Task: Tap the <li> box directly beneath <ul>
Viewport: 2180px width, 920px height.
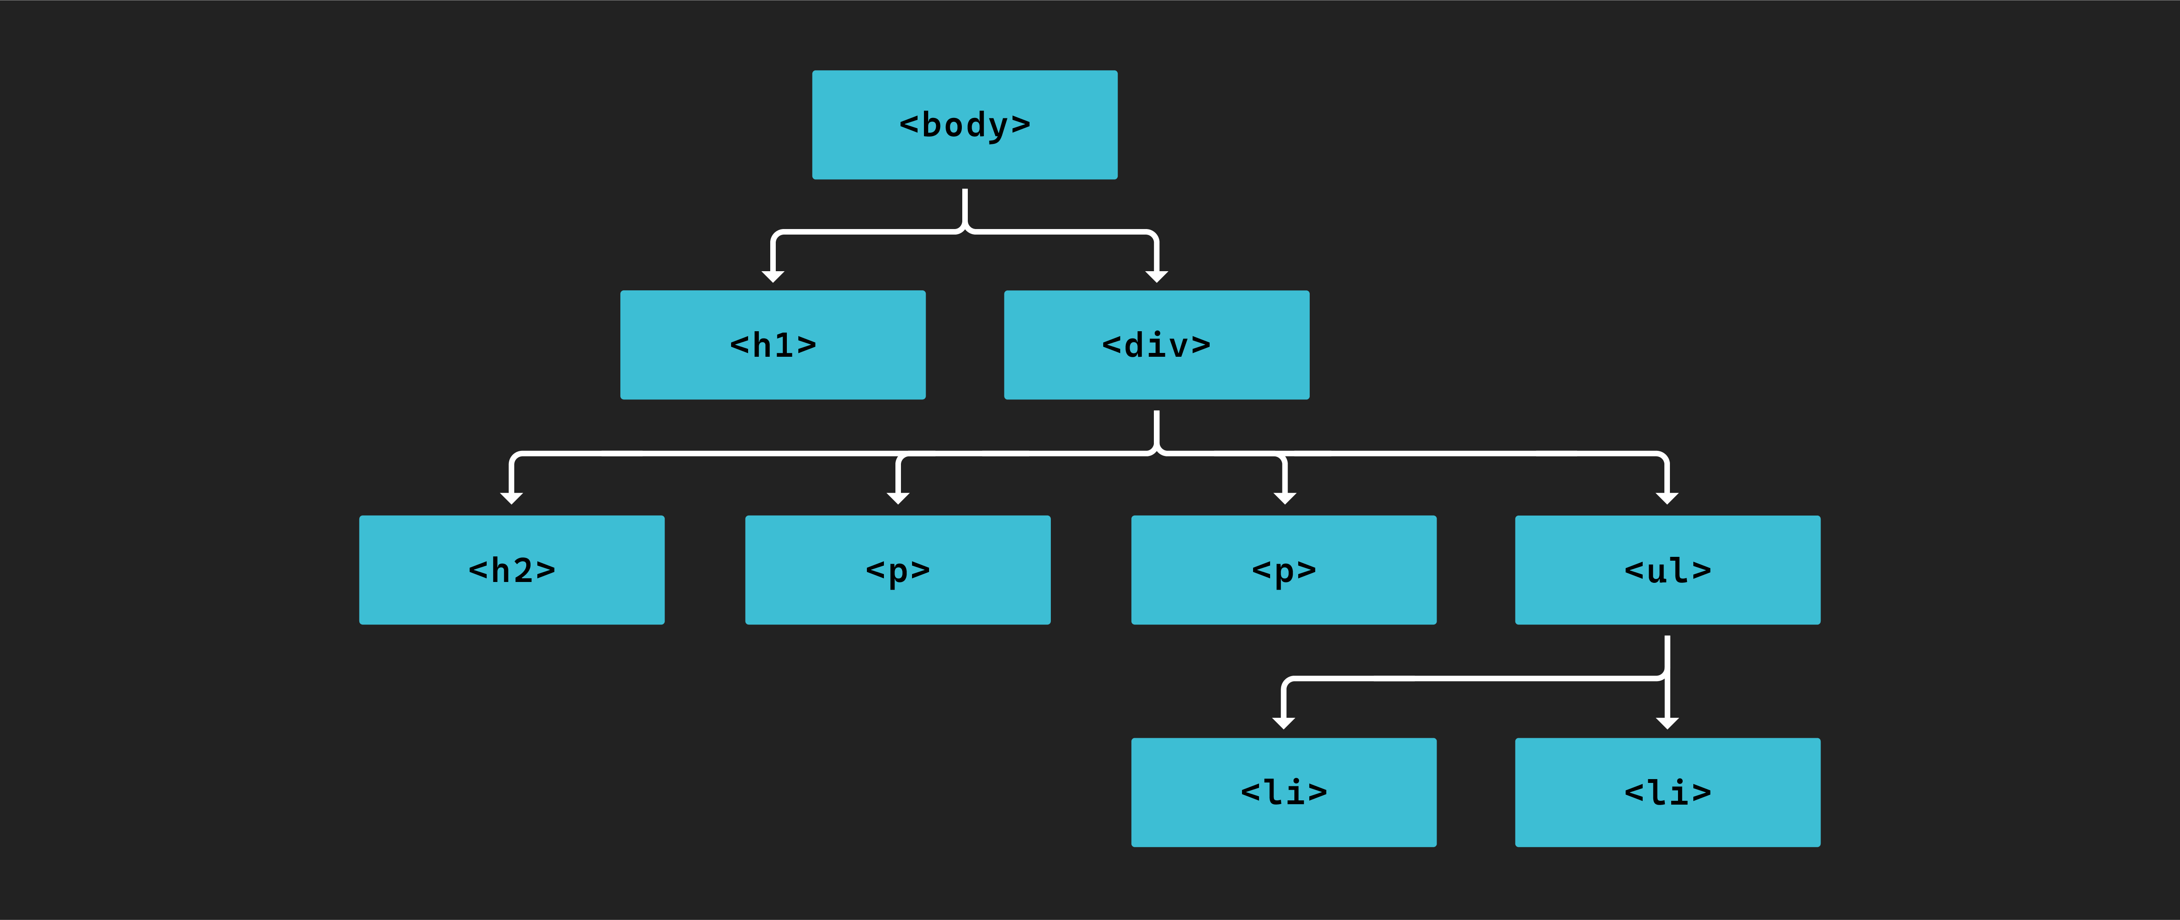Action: click(1667, 792)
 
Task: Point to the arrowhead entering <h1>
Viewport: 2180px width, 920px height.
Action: click(773, 276)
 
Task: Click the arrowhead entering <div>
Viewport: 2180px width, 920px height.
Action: click(1156, 276)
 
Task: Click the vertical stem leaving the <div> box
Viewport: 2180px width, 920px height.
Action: click(1156, 427)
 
